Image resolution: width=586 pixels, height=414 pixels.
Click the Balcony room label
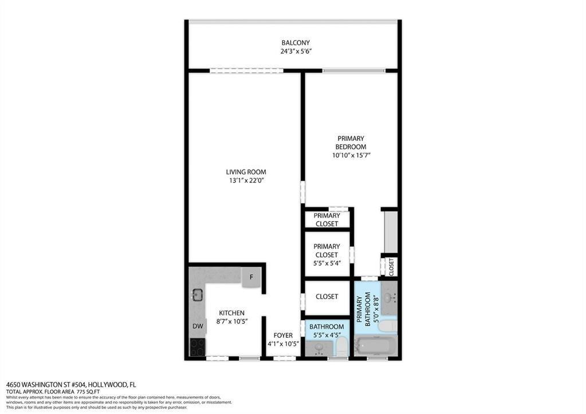coord(296,43)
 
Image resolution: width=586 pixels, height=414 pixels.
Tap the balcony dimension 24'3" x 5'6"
coord(296,52)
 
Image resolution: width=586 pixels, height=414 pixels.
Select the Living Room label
coord(246,172)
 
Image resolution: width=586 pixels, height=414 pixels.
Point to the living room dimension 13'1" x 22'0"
coord(246,180)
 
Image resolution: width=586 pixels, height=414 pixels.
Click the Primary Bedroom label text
coord(351,143)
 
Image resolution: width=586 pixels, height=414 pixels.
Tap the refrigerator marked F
coord(251,277)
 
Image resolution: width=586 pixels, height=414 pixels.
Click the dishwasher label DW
coord(197,326)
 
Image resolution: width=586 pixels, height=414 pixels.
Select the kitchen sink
coord(197,295)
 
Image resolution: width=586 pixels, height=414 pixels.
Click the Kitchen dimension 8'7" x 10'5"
coord(231,321)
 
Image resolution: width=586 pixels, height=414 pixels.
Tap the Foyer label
coord(283,336)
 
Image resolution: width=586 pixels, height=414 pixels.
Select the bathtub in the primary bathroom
coord(375,346)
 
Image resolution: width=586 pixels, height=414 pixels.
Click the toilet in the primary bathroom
coord(388,326)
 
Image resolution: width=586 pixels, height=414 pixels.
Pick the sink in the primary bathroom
coord(389,298)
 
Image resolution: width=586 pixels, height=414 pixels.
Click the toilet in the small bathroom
coord(341,345)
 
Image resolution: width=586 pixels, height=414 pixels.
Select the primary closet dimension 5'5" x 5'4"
coord(327,263)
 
